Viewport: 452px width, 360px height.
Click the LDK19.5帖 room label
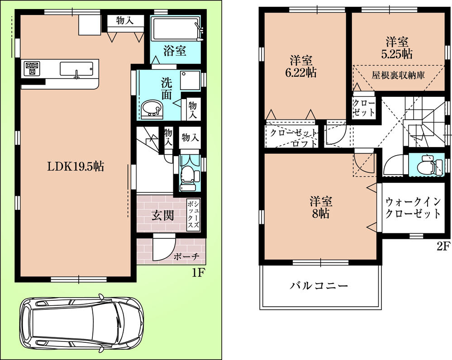point(76,166)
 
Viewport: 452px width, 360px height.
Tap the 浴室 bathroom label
point(174,51)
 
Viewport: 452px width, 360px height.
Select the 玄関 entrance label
point(162,215)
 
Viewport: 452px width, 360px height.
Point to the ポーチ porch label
point(187,256)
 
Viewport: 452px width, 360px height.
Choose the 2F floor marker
point(443,246)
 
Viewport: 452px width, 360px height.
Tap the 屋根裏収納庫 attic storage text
point(398,75)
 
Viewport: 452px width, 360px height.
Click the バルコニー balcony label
point(319,286)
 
